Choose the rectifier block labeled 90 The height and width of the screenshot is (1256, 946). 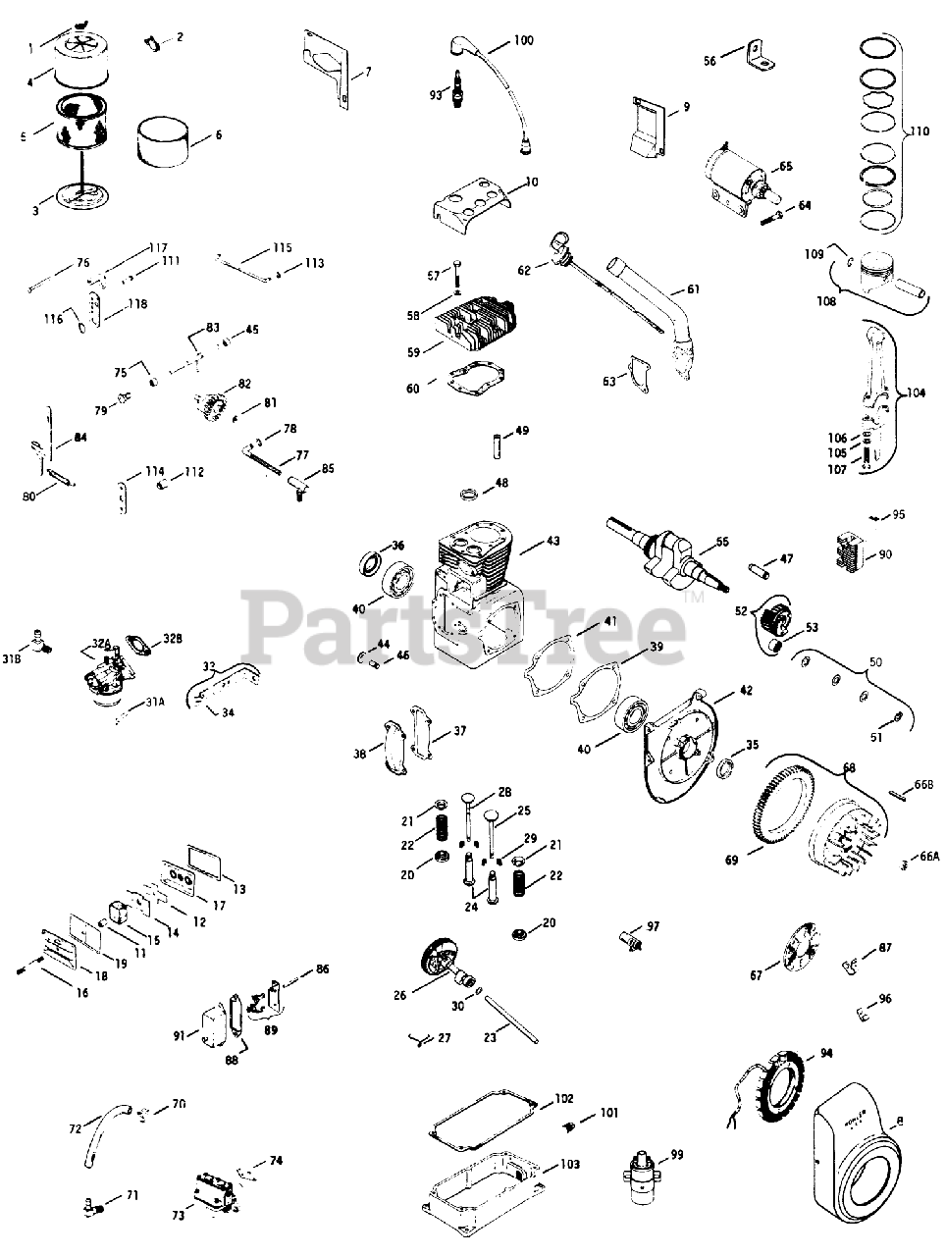pyautogui.click(x=851, y=553)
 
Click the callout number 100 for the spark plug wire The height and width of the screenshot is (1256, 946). pyautogui.click(x=522, y=41)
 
